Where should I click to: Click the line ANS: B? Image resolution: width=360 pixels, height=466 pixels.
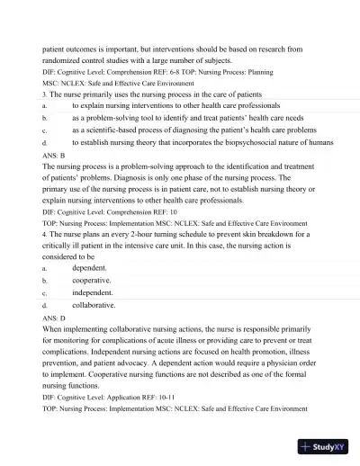pyautogui.click(x=53, y=156)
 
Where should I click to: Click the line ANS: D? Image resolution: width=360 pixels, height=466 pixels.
pyautogui.click(x=53, y=318)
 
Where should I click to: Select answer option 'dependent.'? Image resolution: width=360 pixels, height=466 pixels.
pyautogui.click(x=90, y=267)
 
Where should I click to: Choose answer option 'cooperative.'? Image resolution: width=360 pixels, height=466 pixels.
pyautogui.click(x=92, y=280)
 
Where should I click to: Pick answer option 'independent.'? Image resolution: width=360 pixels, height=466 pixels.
pyautogui.click(x=93, y=292)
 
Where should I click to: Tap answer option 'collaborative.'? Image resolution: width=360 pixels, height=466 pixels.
pyautogui.click(x=94, y=305)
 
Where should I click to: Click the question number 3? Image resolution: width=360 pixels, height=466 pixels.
pyautogui.click(x=44, y=93)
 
